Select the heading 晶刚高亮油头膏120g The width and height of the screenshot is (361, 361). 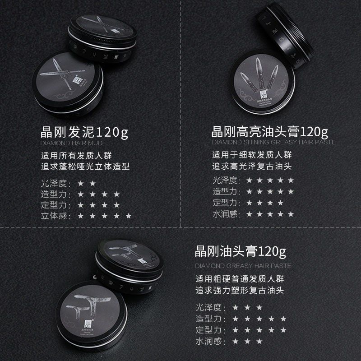pyautogui.click(x=269, y=133)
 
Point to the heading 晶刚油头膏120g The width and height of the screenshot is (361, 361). pyautogui.click(x=240, y=251)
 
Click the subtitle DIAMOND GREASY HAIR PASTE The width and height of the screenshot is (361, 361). pyautogui.click(x=243, y=265)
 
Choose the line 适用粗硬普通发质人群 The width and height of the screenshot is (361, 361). pyautogui.click(x=240, y=278)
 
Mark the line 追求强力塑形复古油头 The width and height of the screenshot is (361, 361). pyautogui.click(x=240, y=289)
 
